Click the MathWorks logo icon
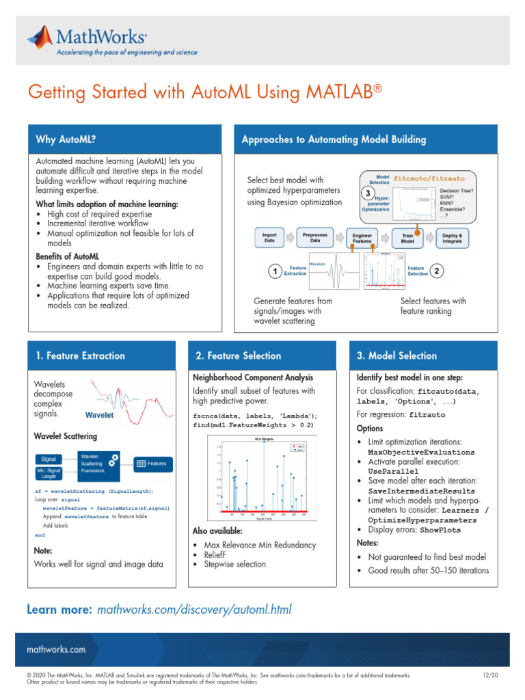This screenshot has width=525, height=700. point(40,38)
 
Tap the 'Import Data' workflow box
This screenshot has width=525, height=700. point(269,237)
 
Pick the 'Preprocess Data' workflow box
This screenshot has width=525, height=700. point(315,237)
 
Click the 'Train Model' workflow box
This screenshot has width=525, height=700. point(407,237)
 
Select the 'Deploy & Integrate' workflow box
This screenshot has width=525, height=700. point(453,237)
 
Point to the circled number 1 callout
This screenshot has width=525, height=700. point(274,272)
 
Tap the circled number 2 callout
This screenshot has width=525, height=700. point(437,271)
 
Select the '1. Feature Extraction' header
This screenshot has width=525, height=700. point(80,355)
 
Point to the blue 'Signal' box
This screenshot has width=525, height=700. point(49,459)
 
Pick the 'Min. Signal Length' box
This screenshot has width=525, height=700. point(49,474)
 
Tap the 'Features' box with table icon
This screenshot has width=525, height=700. point(151,463)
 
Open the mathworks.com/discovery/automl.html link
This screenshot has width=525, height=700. point(196,609)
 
